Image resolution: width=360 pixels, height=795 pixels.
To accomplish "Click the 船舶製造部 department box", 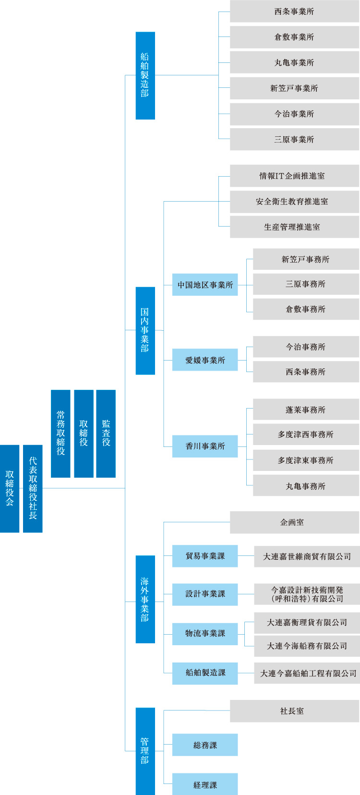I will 145,75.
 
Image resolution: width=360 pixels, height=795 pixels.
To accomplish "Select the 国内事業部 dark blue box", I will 145,330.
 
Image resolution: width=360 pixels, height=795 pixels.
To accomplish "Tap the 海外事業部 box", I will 145,599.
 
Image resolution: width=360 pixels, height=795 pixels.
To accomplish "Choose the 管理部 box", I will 145,751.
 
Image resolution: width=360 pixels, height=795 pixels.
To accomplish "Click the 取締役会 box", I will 10,488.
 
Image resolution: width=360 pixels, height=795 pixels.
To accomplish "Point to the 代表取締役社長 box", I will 33,488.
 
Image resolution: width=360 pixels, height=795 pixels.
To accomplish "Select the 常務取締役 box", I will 60,434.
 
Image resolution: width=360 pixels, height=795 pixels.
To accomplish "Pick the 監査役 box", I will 106,434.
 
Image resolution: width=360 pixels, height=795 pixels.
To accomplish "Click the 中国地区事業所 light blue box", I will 205,285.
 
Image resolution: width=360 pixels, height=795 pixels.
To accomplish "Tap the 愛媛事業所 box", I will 205,360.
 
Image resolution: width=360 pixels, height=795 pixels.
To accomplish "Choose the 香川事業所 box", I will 205,446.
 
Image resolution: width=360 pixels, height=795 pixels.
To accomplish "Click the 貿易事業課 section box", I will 205,556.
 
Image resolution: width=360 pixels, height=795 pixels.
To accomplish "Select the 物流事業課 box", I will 205,633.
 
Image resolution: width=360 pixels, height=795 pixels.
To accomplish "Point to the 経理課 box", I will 205,785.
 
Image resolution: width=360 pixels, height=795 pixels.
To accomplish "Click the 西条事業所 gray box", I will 294,12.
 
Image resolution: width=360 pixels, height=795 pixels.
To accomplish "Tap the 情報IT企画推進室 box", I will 294,176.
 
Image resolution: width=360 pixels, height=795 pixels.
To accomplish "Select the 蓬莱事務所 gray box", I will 306,410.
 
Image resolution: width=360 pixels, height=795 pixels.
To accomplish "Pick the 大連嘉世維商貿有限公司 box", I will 307,556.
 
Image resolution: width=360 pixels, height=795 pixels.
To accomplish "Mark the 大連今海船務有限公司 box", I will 307,646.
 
